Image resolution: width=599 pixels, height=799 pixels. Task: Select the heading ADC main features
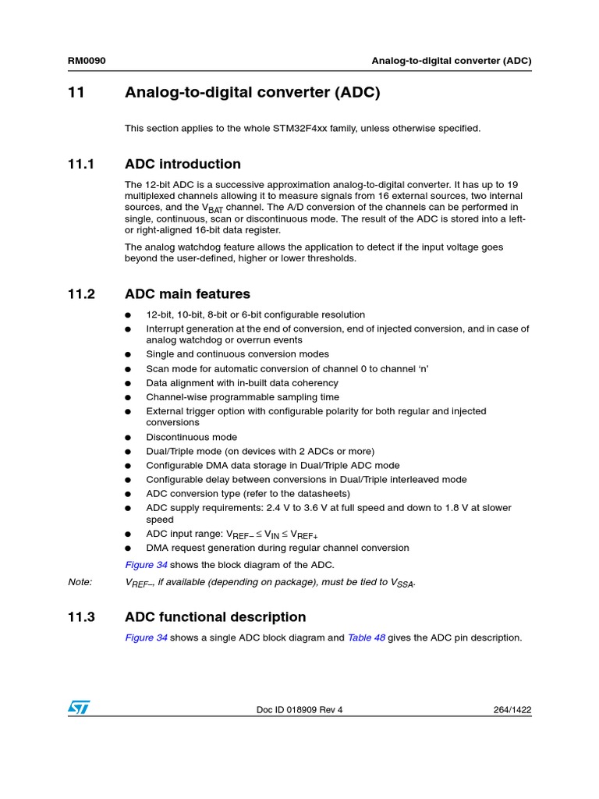tap(187, 294)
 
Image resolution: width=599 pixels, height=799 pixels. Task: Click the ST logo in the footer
tap(79, 707)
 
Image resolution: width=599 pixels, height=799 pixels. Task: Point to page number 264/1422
tap(512, 710)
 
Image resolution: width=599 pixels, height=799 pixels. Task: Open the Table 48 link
tap(366, 637)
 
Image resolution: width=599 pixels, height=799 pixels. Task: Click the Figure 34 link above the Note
tap(146, 565)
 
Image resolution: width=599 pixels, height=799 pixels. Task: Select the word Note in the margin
tap(80, 582)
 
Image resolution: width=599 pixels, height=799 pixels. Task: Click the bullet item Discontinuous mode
tap(191, 437)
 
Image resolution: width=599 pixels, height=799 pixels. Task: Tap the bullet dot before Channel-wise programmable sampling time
tap(129, 397)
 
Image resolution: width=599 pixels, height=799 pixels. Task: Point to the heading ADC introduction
tap(183, 164)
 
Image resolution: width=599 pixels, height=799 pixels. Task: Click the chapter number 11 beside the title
tap(76, 93)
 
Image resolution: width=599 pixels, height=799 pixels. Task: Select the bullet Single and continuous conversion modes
tap(237, 354)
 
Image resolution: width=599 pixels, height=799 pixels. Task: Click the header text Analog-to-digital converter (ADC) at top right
tap(452, 60)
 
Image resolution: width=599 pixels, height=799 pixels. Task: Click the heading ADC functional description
tap(215, 617)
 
